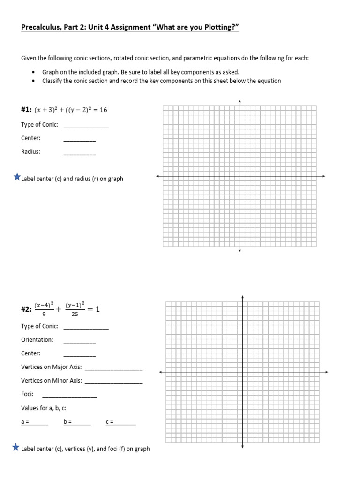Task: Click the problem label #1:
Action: pyautogui.click(x=26, y=110)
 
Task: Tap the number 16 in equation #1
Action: pyautogui.click(x=103, y=110)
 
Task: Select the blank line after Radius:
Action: pyautogui.click(x=79, y=153)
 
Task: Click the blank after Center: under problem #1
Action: pyautogui.click(x=79, y=140)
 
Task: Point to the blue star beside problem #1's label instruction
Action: pyautogui.click(x=17, y=177)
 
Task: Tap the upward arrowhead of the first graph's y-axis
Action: pyautogui.click(x=240, y=101)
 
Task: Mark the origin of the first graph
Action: pyautogui.click(x=240, y=176)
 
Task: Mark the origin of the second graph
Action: pyautogui.click(x=242, y=372)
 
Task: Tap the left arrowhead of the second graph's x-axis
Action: pyautogui.click(x=161, y=372)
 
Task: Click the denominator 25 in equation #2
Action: pyautogui.click(x=75, y=315)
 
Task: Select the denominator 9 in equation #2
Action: pyautogui.click(x=44, y=315)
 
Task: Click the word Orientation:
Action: pyautogui.click(x=37, y=340)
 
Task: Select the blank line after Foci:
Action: pyautogui.click(x=69, y=396)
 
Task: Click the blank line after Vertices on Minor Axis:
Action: pyautogui.click(x=113, y=382)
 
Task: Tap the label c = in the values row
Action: pyautogui.click(x=110, y=422)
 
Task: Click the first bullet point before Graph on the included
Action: pyautogui.click(x=33, y=72)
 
